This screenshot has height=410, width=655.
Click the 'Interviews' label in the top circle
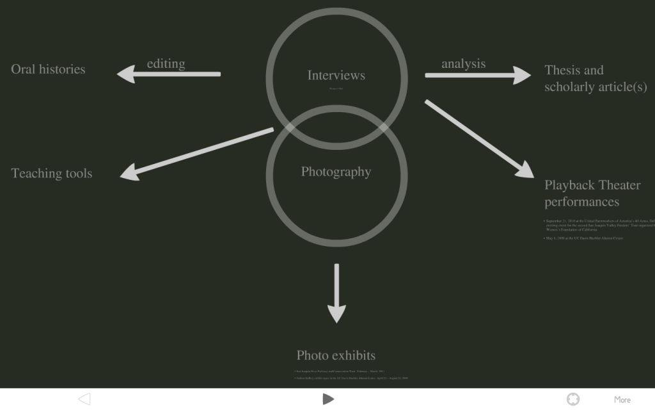336,76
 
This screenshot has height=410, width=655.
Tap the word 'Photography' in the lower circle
336,172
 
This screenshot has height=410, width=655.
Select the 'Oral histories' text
48,69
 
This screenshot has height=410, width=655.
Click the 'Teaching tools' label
52,174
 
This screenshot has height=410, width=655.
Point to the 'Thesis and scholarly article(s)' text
595,79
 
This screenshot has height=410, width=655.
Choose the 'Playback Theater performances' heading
592,193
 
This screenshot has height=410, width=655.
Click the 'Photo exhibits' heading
336,355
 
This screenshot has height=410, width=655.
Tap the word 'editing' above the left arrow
166,63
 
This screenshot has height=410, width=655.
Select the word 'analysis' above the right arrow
463,63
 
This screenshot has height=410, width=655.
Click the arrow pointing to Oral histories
169,74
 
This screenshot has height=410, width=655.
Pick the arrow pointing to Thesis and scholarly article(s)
477,76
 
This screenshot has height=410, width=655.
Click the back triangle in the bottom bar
84,399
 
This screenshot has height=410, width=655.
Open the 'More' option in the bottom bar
622,399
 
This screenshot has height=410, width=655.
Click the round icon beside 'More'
573,399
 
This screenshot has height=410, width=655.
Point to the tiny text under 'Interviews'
336,88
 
